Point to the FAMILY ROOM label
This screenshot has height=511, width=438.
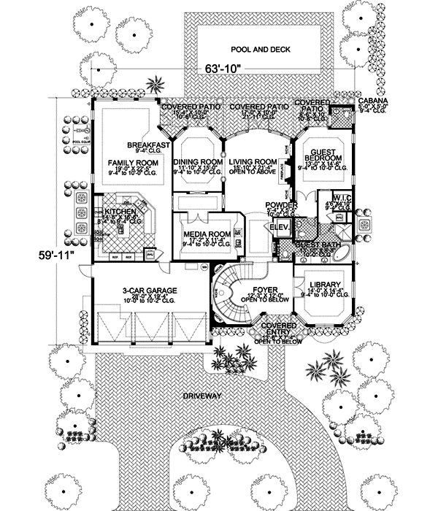click(x=124, y=161)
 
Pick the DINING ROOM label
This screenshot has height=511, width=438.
click(x=199, y=161)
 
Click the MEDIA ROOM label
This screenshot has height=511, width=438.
click(x=207, y=234)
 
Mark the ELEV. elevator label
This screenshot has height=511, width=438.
click(x=280, y=228)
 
